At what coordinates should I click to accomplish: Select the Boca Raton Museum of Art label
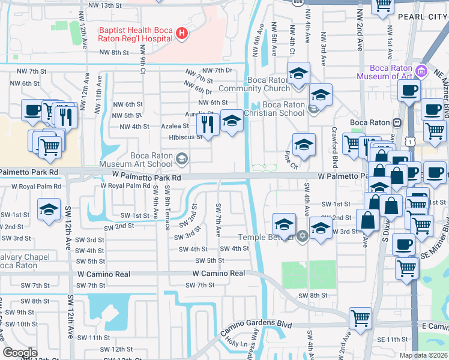385,71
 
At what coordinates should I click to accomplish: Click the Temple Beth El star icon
303,235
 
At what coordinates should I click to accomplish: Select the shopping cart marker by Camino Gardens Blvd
360,318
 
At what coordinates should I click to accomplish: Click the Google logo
20,352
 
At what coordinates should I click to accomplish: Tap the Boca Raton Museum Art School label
152,160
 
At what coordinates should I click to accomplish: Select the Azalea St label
176,127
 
